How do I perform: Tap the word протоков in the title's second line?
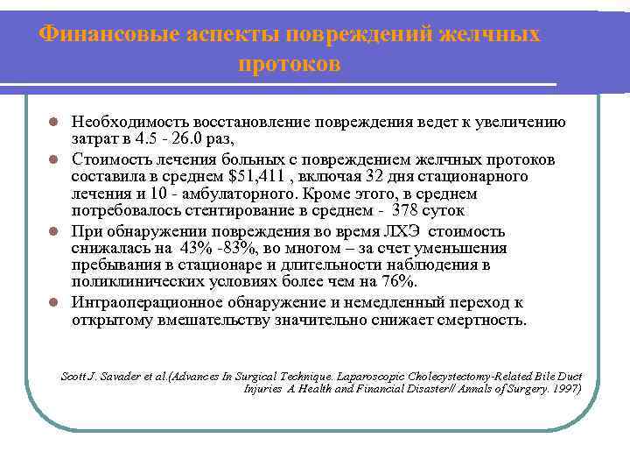click(289, 65)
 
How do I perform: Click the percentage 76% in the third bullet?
click(399, 280)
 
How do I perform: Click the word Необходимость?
click(126, 122)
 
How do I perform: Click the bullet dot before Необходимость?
click(53, 123)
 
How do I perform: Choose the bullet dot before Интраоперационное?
click(53, 303)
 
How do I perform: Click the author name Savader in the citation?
click(129, 376)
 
